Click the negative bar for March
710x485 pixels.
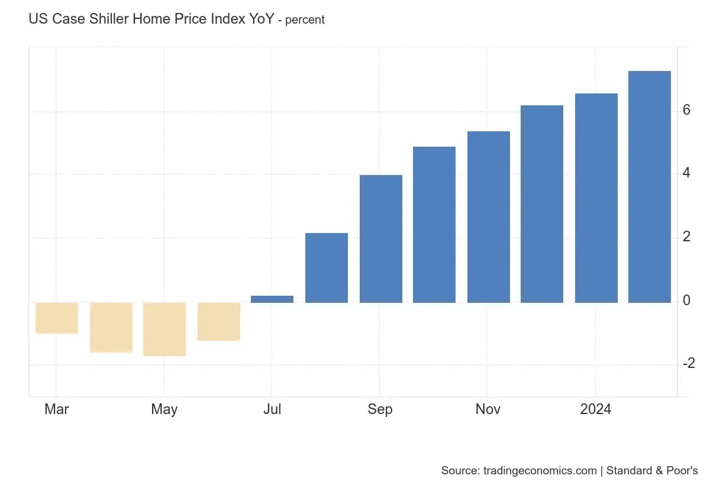click(x=57, y=318)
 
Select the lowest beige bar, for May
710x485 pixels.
click(x=164, y=329)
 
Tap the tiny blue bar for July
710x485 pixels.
click(x=272, y=299)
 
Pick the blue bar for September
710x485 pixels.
click(x=380, y=238)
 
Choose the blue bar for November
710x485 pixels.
click(x=488, y=216)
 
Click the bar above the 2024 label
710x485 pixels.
click(x=596, y=198)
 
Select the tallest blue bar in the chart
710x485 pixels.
click(x=649, y=186)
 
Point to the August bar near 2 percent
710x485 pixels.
click(x=327, y=267)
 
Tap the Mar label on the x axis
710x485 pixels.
click(x=57, y=409)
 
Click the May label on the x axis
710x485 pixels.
click(x=164, y=409)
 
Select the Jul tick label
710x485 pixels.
click(x=272, y=409)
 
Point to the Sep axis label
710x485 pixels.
click(x=380, y=409)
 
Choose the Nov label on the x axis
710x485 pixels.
click(x=488, y=409)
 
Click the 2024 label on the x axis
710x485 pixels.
click(x=596, y=409)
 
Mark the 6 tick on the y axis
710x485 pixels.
click(x=686, y=111)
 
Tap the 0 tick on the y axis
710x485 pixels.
click(x=686, y=301)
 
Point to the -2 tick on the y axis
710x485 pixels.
click(x=688, y=363)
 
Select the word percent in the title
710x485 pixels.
click(x=305, y=20)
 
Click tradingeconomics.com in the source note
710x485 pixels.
click(x=540, y=471)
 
